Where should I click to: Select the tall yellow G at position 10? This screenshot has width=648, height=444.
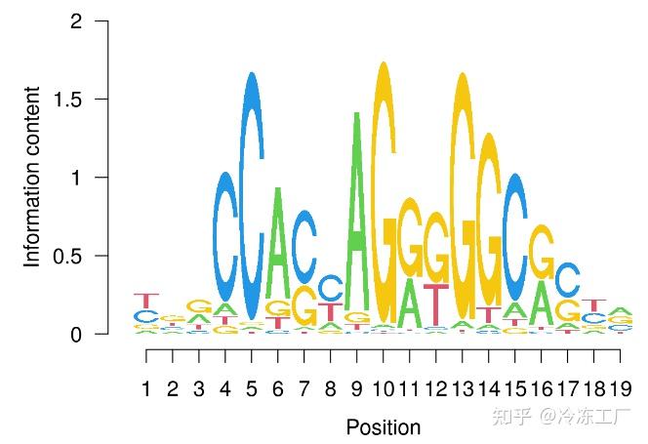coord(384,185)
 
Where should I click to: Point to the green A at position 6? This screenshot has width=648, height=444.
coord(278,244)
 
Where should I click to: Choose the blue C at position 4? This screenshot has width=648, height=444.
coord(225,237)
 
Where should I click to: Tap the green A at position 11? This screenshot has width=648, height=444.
coord(410,304)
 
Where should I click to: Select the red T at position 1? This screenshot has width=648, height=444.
coord(146,301)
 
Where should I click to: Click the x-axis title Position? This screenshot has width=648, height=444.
coord(384,427)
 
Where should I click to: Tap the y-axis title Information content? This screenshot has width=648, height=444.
coord(33,178)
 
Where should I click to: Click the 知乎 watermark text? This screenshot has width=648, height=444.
coord(512,418)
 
